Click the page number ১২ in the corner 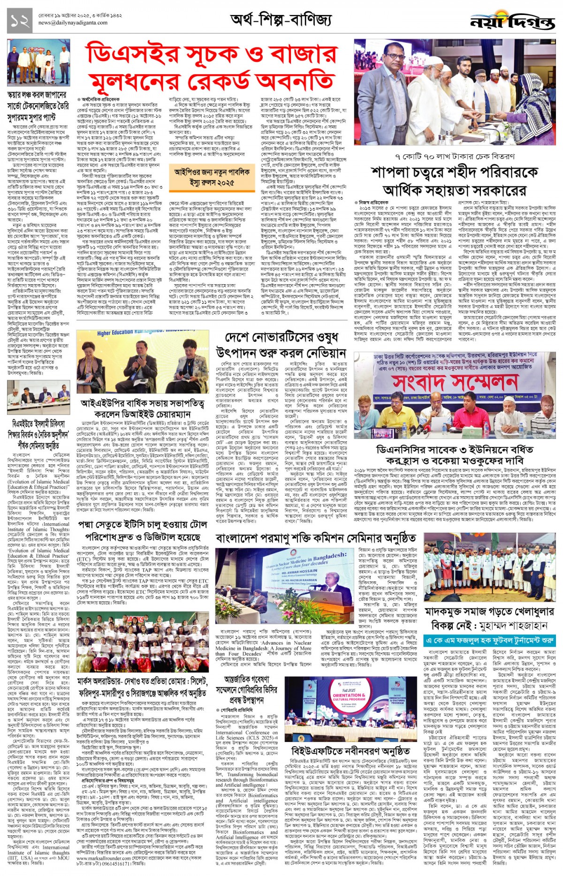coord(18,20)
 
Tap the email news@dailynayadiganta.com coord(72,23)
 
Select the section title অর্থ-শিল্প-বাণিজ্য coord(281,20)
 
